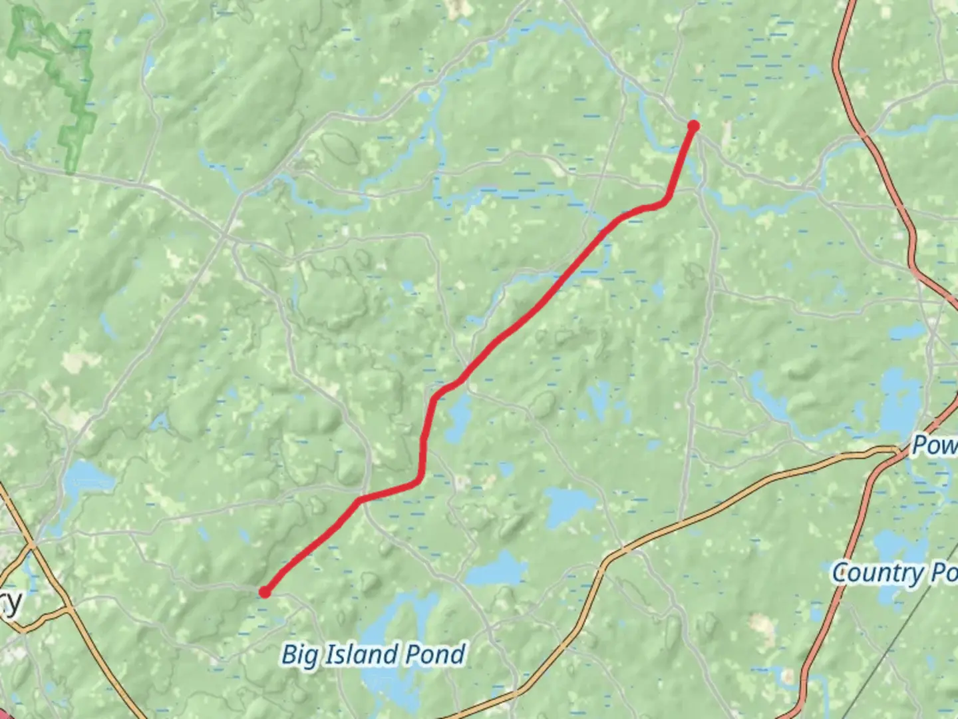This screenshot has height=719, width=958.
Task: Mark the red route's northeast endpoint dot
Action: click(x=693, y=126)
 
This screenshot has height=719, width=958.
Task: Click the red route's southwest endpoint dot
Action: click(x=265, y=592)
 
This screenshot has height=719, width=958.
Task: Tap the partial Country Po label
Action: click(x=894, y=573)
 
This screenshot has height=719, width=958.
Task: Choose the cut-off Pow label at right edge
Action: click(x=934, y=445)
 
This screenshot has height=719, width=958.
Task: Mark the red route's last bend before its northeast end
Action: click(x=665, y=200)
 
